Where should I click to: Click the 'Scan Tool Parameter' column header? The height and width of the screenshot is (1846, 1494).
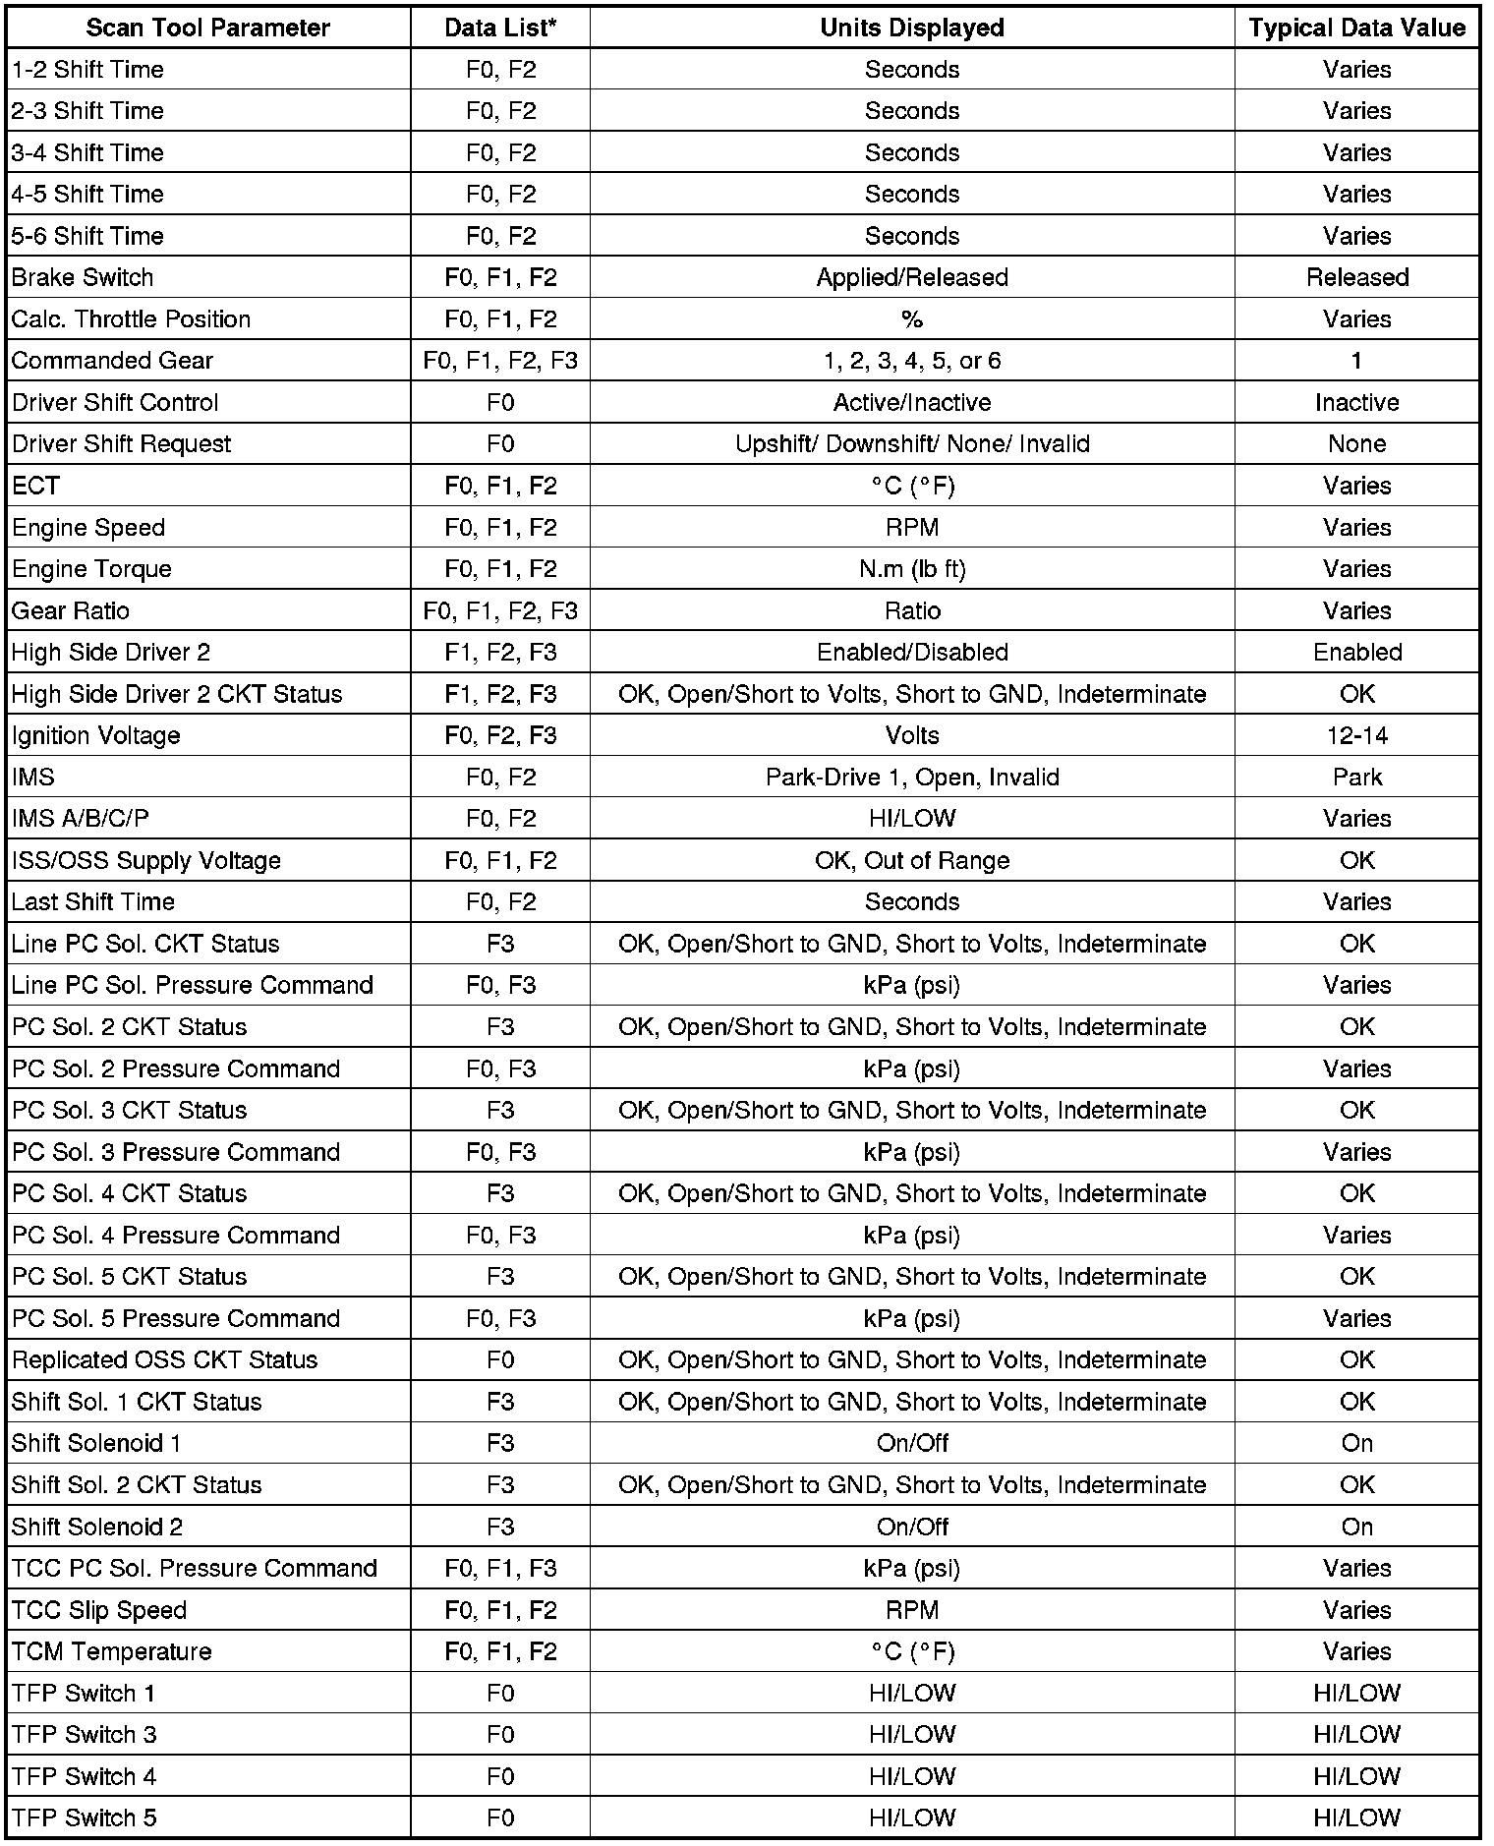coord(207,28)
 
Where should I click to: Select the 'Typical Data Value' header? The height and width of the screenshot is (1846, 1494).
coord(1356,28)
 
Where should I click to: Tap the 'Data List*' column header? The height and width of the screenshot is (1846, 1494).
coord(500,28)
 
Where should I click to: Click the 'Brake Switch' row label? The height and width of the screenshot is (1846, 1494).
coord(83,277)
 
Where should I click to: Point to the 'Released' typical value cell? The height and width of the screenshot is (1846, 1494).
coord(1356,277)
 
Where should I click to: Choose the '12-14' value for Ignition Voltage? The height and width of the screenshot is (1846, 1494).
coord(1356,735)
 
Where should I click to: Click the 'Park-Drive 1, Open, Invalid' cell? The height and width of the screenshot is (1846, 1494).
coord(912,778)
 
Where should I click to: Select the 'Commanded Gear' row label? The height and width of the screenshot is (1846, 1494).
coord(112,361)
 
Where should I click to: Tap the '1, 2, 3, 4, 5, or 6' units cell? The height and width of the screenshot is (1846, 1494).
coord(912,361)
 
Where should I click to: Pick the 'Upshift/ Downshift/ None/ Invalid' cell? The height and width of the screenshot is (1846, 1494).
coord(912,444)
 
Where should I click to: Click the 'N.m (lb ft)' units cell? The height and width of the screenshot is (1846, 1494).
coord(912,569)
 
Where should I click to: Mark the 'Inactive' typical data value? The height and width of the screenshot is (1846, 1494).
coord(1356,402)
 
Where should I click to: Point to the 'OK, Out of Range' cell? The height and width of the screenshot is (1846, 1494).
coord(912,860)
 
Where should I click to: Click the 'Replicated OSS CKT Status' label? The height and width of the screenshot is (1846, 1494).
coord(164,1359)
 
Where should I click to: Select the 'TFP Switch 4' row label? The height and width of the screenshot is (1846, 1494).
coord(84,1776)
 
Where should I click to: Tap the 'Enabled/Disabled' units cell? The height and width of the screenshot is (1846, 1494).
coord(912,652)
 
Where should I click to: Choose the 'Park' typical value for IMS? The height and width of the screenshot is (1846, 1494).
coord(1356,778)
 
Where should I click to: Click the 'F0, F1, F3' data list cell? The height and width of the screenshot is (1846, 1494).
coord(500,1568)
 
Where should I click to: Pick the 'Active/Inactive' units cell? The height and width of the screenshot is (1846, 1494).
coord(912,402)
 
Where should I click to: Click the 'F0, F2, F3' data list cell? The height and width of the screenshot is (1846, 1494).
coord(500,735)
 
